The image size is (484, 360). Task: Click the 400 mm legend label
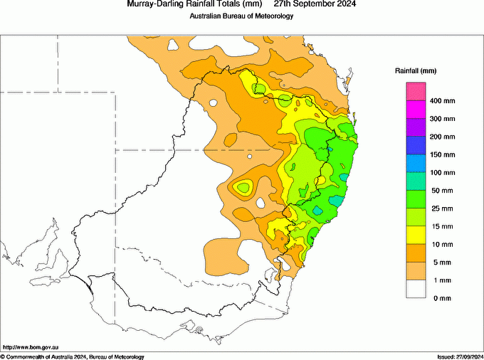click(441, 101)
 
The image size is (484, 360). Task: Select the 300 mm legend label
click(441, 119)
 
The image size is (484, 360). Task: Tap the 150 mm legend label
click(441, 154)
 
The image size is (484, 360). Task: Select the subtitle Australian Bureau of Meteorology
click(241, 16)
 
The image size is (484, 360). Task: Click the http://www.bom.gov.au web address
click(31, 346)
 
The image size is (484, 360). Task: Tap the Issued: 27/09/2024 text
click(460, 356)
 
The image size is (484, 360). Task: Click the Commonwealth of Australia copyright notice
click(73, 356)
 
